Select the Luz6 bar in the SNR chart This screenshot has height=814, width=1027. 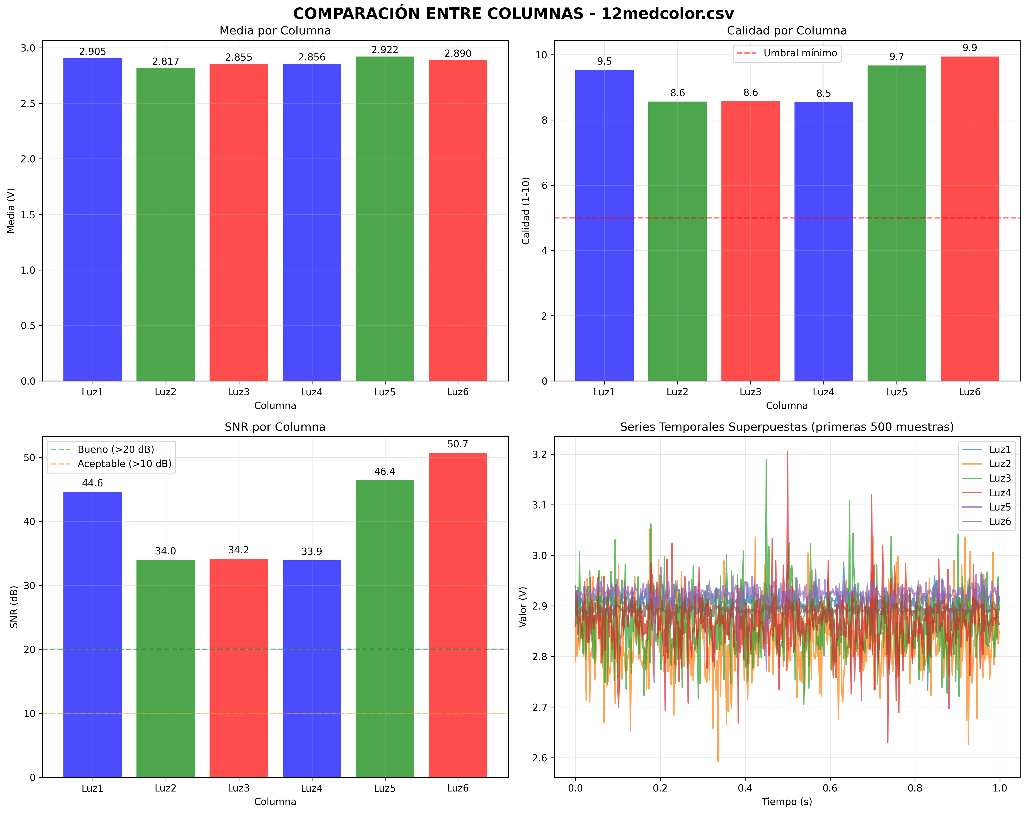458,614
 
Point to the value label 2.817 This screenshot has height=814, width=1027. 166,61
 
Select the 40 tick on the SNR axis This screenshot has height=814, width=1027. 30,522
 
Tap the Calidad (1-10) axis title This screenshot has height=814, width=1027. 526,210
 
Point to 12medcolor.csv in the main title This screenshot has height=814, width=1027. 667,13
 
